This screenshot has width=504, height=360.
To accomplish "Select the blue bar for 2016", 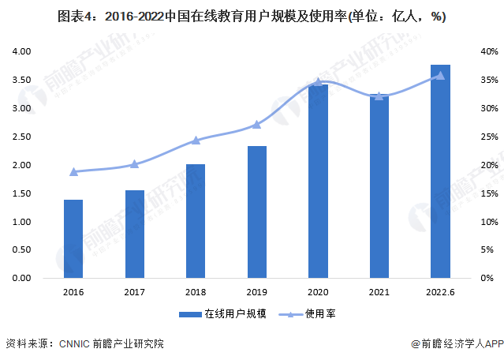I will click(73, 239).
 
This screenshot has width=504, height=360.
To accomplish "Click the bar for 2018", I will click(196, 221).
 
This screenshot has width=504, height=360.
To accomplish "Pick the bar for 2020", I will click(318, 182).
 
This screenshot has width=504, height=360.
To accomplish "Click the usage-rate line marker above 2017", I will click(134, 164).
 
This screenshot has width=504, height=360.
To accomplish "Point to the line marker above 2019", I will click(256, 125).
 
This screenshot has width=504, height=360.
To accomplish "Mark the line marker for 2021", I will click(379, 96).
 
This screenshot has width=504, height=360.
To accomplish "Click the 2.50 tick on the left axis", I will click(21, 137).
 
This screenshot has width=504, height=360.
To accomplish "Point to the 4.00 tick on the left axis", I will click(21, 51).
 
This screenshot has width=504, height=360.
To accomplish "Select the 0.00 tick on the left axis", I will click(21, 279).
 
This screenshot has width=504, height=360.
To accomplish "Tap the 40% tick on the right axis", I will click(491, 51).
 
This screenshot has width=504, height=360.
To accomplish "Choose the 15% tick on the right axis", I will click(491, 193).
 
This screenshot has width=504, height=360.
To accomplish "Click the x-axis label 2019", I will click(256, 292).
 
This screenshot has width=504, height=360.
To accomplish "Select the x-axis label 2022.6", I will click(440, 292).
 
